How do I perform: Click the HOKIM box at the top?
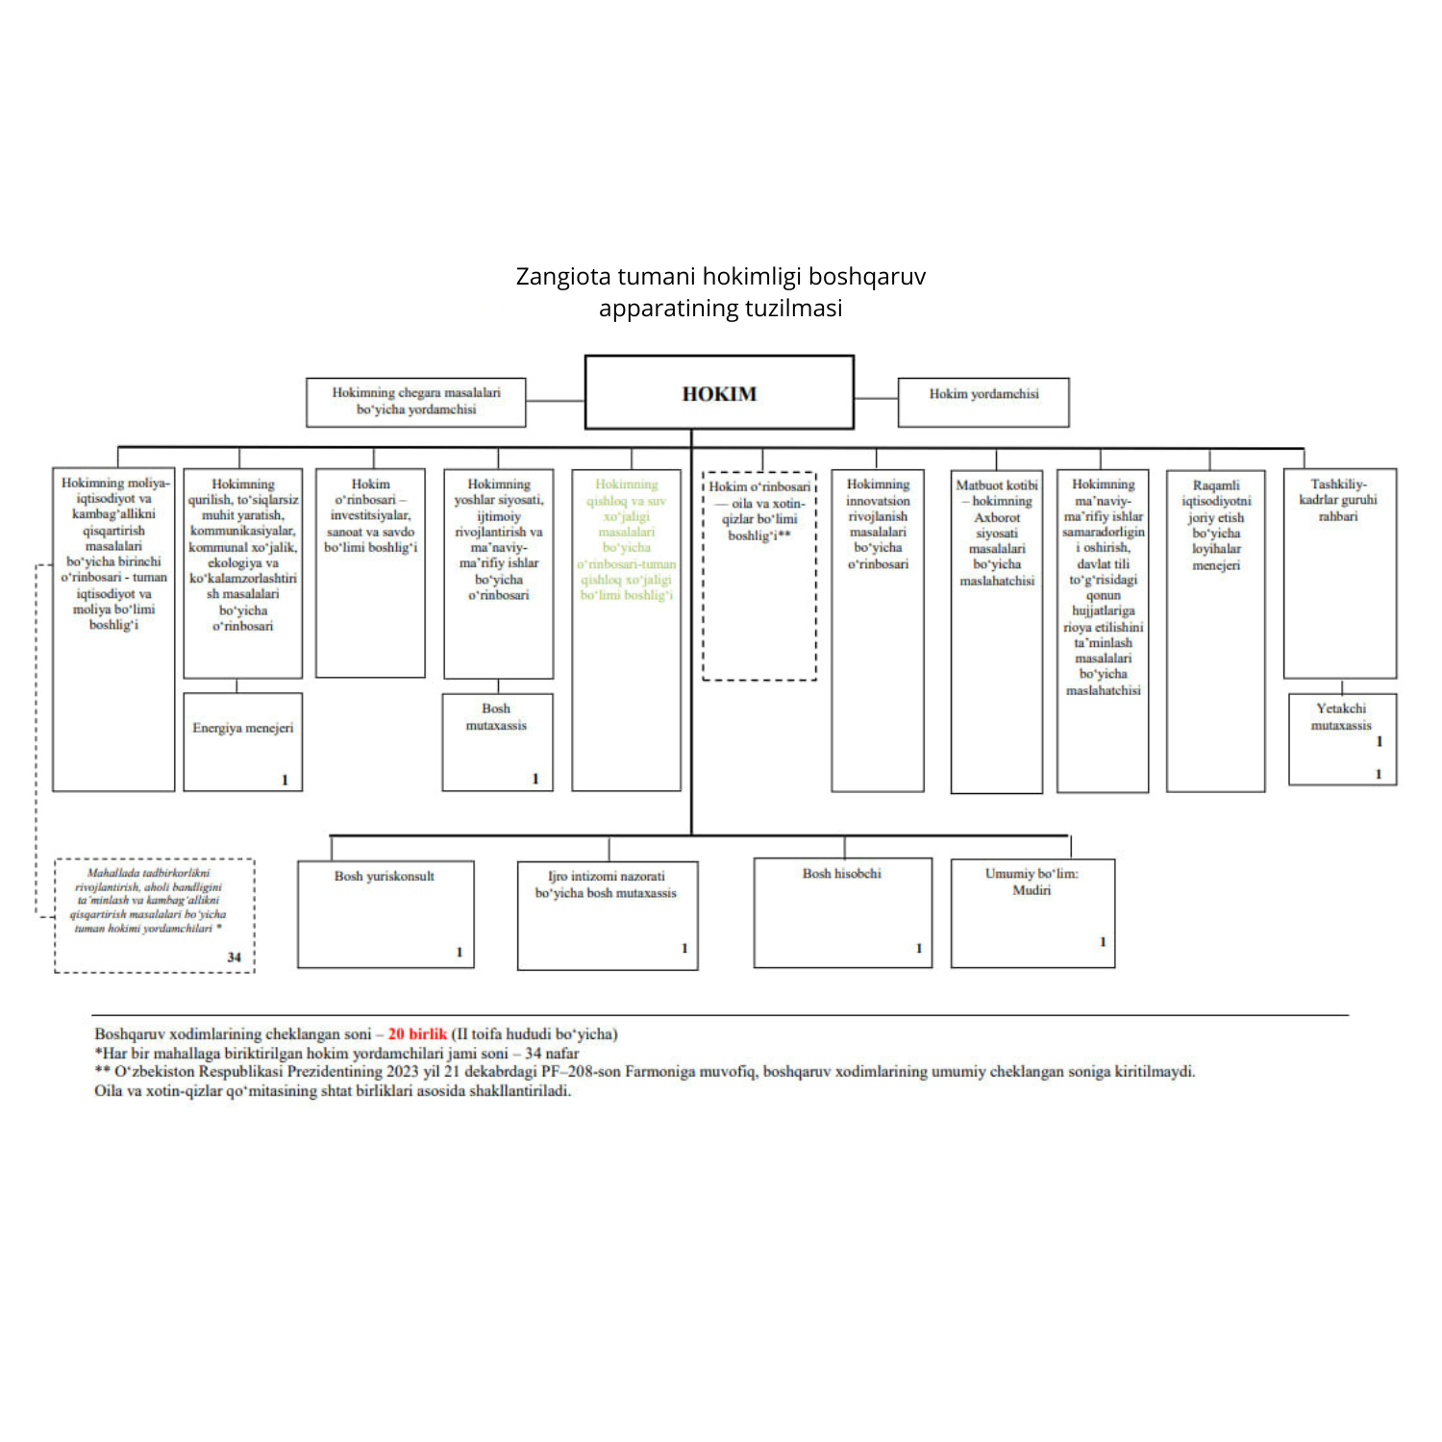coord(719,393)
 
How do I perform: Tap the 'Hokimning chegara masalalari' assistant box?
coord(415,402)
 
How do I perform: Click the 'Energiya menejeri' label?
coord(242,729)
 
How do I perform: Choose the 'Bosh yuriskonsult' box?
coord(385,913)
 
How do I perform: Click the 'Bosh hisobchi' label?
coord(842,874)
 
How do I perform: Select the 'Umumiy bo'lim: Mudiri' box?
coord(1032,912)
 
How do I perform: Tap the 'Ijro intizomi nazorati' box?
coord(607,914)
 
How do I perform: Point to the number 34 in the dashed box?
coord(235,957)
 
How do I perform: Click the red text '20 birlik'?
coord(417,1034)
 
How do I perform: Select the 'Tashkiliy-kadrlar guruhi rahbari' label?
coord(1338,500)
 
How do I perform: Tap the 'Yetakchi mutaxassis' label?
coord(1341,717)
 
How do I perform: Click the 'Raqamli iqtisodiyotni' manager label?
coord(1216,525)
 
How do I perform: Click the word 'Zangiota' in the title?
coord(562,277)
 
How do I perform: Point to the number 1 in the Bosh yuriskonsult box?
coord(460,952)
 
